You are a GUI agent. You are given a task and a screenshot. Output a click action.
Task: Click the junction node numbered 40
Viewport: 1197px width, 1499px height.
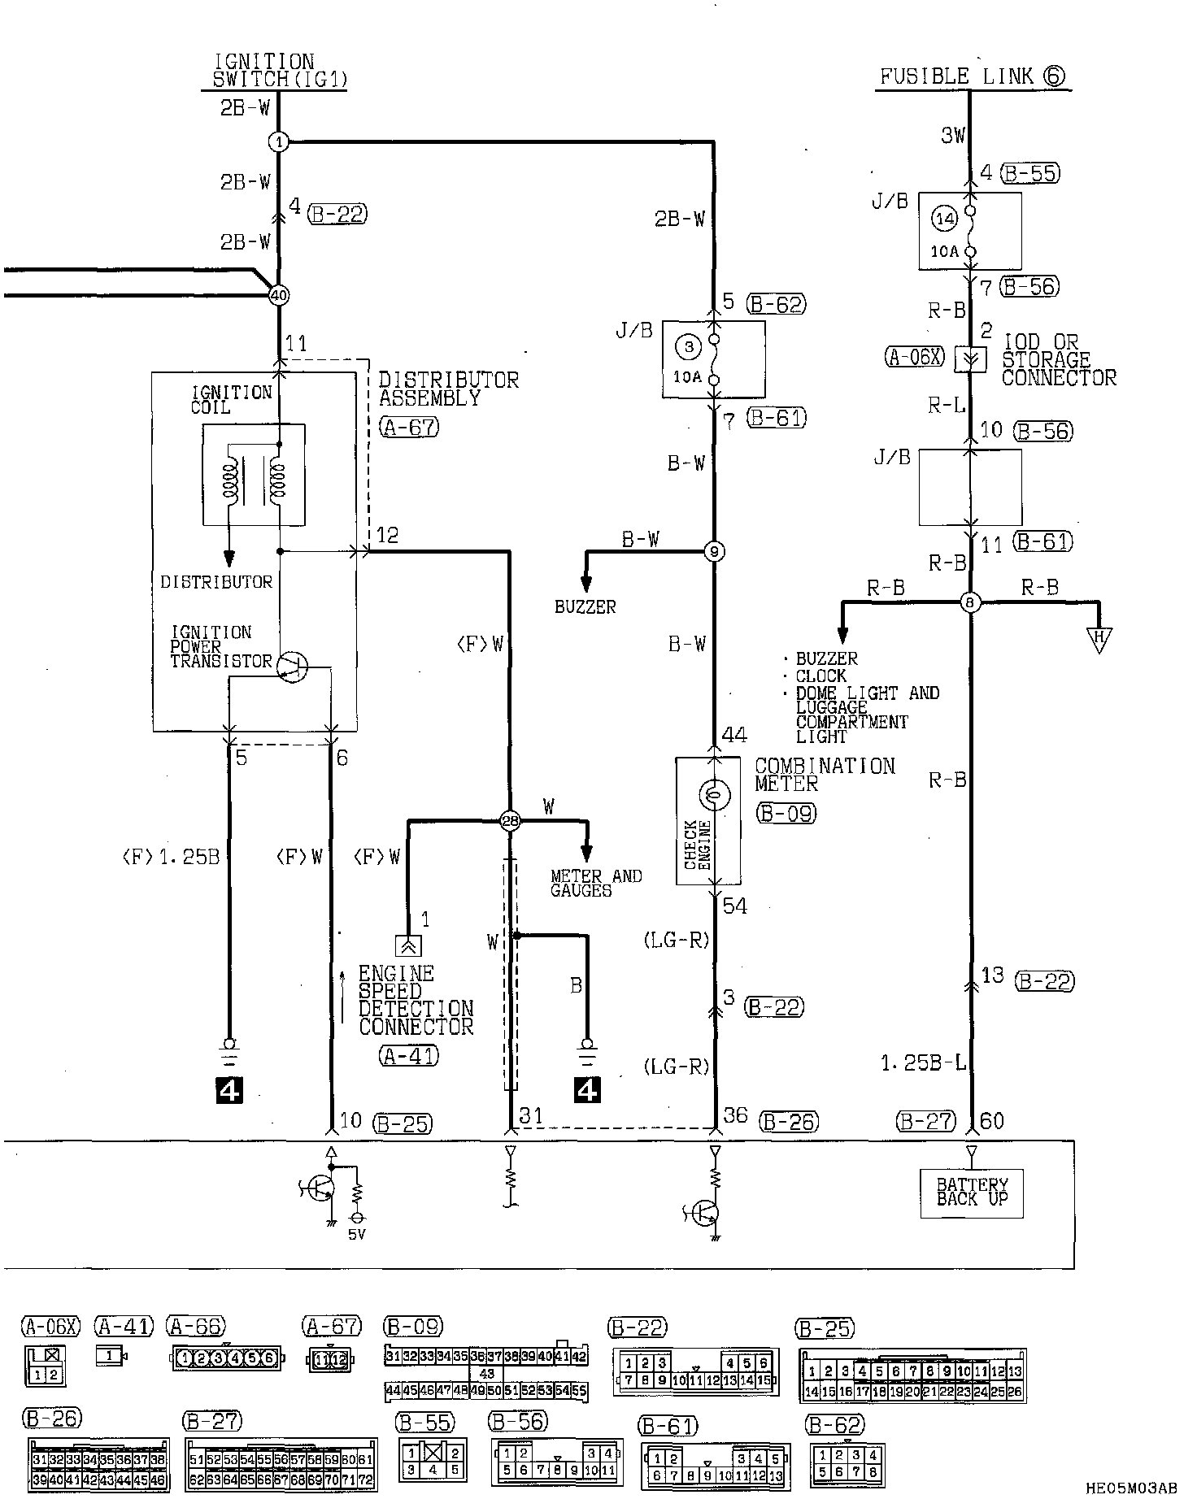tap(278, 295)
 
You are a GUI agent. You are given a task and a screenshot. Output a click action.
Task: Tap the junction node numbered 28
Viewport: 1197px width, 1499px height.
tap(511, 822)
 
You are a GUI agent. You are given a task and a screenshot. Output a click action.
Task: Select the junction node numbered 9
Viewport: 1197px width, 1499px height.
tap(713, 552)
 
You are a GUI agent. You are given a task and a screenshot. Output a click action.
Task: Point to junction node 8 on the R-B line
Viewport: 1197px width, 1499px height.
tap(969, 602)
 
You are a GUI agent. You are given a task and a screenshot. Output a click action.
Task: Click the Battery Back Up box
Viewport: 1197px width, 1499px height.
tap(971, 1193)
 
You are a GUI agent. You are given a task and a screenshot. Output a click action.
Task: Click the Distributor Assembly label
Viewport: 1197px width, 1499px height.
tap(448, 389)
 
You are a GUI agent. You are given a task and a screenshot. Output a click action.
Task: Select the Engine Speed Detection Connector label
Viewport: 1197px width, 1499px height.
tap(416, 1000)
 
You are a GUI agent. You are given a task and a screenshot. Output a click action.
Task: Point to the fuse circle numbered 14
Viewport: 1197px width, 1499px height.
tap(943, 219)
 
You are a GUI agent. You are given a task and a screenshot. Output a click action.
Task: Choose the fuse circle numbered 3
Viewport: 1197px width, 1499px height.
tap(688, 347)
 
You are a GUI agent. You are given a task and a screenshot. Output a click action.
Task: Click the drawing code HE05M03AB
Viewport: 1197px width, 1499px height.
tap(1131, 1488)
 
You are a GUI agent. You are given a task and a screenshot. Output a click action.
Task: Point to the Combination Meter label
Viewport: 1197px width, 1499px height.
tap(824, 775)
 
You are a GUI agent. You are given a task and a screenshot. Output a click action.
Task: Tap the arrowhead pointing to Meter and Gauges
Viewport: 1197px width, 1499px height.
tap(585, 854)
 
